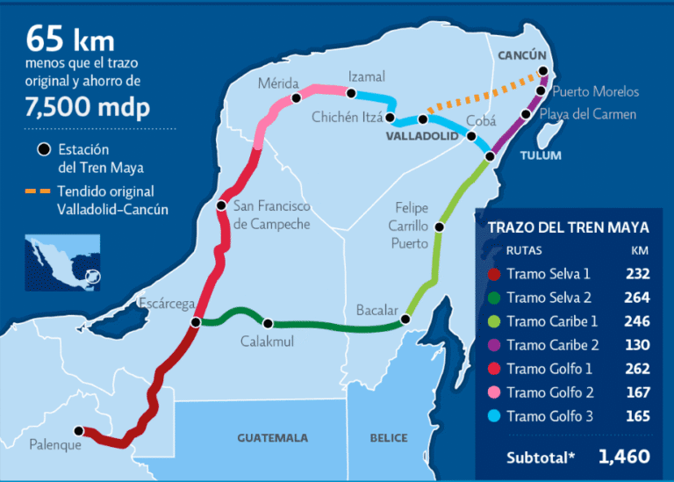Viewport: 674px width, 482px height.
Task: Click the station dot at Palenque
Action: pos(79,431)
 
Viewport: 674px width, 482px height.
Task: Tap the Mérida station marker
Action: pos(297,97)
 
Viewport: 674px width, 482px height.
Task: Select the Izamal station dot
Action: pos(351,93)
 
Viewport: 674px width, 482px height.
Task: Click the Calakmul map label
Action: pos(267,341)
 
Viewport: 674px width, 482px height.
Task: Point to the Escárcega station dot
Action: pos(196,322)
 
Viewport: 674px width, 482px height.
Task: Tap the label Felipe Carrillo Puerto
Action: pos(410,226)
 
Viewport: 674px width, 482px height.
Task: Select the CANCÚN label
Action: pos(522,54)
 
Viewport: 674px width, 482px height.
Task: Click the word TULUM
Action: pos(540,155)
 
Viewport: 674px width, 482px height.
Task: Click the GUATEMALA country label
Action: pos(272,437)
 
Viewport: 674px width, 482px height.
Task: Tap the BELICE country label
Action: pos(389,437)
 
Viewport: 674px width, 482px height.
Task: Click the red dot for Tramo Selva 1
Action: pos(494,274)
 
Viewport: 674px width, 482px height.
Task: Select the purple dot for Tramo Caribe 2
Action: pos(494,345)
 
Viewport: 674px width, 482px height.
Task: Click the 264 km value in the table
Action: pos(637,298)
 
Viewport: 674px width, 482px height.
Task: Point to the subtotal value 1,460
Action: pos(624,457)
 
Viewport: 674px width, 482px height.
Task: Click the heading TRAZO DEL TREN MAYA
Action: pos(568,227)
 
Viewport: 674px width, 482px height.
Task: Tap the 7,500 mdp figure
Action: pos(88,107)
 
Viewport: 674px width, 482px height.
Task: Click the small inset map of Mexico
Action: pos(64,261)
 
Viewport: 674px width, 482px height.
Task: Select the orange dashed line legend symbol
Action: pos(38,191)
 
